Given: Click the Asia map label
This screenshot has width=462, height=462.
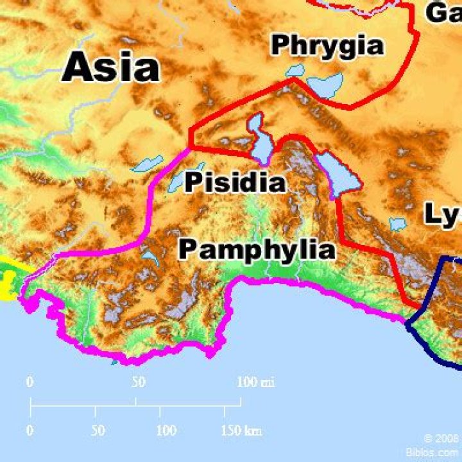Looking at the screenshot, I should (x=110, y=67).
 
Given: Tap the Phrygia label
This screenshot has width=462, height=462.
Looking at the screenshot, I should (x=327, y=45).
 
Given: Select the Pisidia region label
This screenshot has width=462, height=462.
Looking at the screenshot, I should (x=235, y=182).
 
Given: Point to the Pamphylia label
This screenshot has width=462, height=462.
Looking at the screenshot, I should (x=257, y=249).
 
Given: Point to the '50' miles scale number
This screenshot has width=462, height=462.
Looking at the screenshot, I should (x=138, y=382).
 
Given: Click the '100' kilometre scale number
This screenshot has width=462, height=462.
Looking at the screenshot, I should (x=166, y=431).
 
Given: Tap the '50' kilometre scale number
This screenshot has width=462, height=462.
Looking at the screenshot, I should (x=98, y=431).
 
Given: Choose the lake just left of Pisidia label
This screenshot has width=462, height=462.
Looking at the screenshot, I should (x=177, y=180).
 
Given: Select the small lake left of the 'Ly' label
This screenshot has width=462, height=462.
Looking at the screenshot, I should (x=398, y=225).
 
